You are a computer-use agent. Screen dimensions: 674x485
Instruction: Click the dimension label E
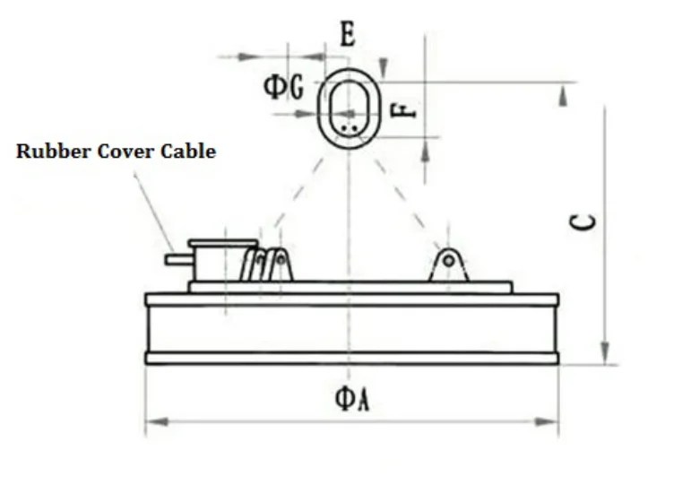tap(348, 35)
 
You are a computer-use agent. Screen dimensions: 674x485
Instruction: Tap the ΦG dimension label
tap(283, 87)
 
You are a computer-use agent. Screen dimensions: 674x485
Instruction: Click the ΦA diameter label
tap(351, 400)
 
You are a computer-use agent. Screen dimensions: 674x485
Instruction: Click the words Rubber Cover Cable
tap(116, 152)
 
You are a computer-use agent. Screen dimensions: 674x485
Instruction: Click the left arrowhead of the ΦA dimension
tap(153, 420)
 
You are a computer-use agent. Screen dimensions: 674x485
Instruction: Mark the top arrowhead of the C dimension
tap(563, 95)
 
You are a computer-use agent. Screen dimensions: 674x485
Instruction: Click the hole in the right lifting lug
tap(449, 260)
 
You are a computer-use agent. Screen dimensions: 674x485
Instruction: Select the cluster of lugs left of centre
tap(267, 265)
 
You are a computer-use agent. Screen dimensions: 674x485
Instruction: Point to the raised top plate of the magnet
tap(350, 287)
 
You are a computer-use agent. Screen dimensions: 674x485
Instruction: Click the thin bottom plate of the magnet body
tap(351, 358)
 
